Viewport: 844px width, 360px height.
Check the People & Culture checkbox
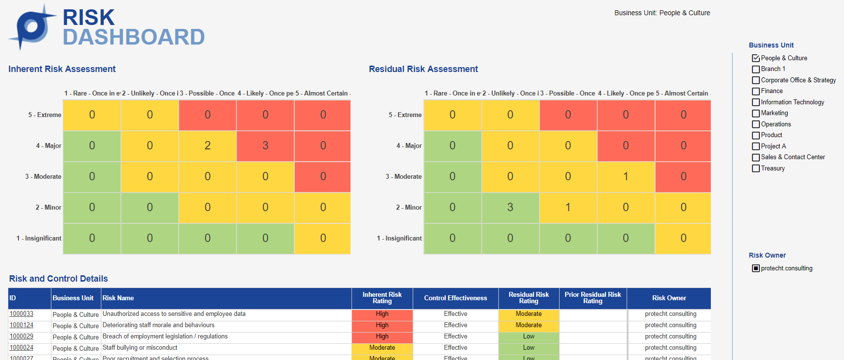click(x=756, y=58)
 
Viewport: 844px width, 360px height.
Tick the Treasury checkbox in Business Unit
click(x=756, y=168)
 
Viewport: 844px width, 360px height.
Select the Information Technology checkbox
click(x=756, y=102)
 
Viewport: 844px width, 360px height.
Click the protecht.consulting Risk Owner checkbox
click(x=756, y=268)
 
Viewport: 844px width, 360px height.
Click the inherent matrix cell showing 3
click(x=265, y=145)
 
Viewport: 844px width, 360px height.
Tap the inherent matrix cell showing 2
click(x=208, y=145)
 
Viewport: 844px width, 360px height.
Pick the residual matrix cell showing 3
click(x=510, y=207)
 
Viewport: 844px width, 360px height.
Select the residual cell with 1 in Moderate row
click(x=626, y=176)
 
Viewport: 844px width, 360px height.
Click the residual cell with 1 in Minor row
click(x=568, y=207)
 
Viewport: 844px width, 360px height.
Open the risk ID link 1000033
click(x=22, y=314)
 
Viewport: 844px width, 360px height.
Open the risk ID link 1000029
click(x=22, y=336)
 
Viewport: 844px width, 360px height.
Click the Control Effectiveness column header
click(x=455, y=298)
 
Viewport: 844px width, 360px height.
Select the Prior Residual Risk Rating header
click(x=592, y=298)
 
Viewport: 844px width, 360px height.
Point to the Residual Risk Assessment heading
click(x=423, y=69)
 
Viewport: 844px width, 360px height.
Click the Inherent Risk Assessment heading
click(x=62, y=69)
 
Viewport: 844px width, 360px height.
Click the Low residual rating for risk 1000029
click(x=529, y=336)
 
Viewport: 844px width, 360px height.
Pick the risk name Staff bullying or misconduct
click(x=140, y=348)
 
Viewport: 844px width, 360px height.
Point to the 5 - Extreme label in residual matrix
click(x=405, y=115)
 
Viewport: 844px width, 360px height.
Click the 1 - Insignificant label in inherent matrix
click(x=39, y=239)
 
